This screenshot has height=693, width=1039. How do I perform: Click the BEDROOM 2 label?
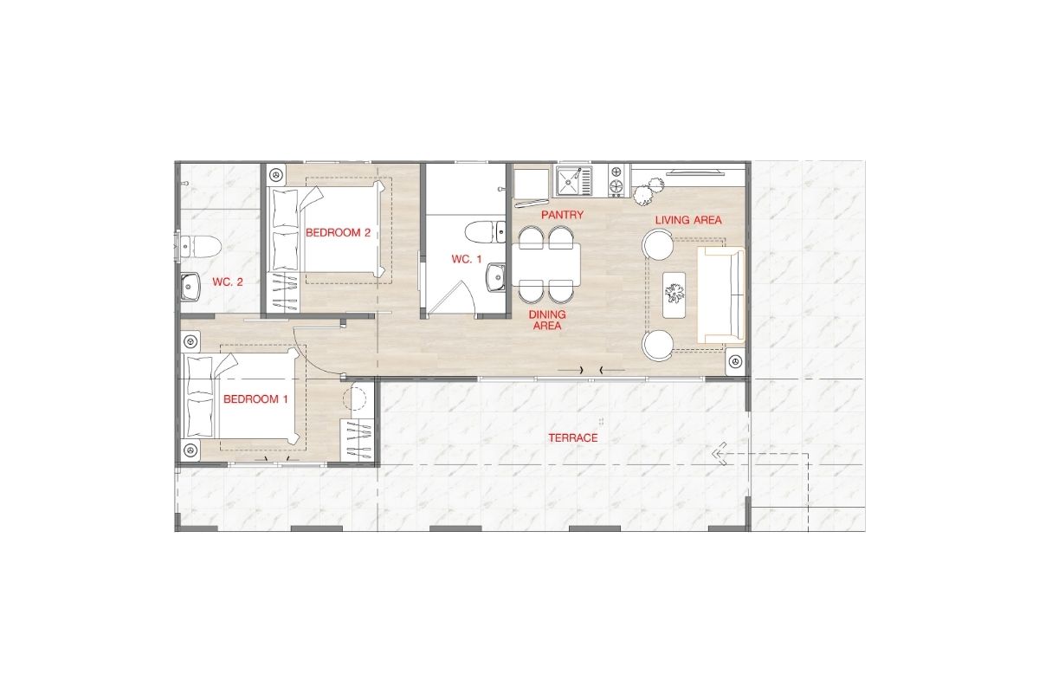(338, 232)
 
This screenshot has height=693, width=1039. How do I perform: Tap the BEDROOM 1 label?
(255, 398)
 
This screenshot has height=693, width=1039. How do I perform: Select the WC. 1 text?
(467, 260)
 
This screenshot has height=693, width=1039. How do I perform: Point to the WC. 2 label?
(228, 282)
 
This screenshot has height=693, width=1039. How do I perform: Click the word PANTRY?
(562, 215)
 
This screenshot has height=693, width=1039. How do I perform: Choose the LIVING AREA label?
(688, 220)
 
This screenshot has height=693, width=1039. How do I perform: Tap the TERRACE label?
(573, 437)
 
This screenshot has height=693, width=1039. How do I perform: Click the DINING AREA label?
(547, 321)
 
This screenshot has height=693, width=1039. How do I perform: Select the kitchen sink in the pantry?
(574, 181)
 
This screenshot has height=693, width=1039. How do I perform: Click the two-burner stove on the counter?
(616, 179)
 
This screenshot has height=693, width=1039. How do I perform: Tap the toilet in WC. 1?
(486, 232)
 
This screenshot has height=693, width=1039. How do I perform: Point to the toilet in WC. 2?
(200, 247)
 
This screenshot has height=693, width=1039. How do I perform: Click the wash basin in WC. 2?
(190, 287)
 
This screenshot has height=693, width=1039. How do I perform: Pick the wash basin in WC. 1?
(496, 277)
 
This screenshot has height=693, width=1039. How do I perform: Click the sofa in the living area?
(720, 295)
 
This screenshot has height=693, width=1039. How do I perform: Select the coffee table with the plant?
(674, 295)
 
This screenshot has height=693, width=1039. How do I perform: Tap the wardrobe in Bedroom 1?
(357, 441)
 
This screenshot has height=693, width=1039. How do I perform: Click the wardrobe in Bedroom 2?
(283, 293)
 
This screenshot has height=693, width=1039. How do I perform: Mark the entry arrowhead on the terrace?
(720, 454)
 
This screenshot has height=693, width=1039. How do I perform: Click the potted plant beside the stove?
(649, 191)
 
